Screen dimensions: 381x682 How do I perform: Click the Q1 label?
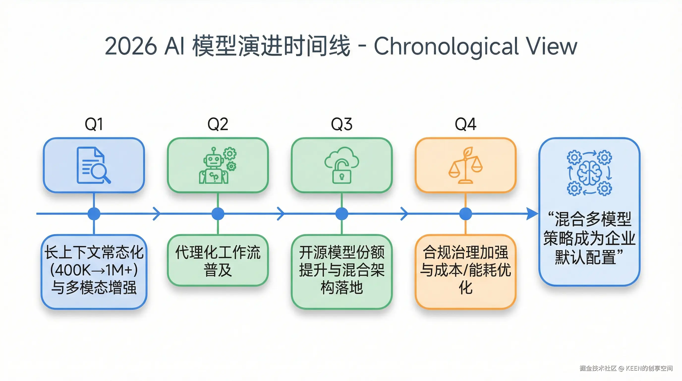point(94,124)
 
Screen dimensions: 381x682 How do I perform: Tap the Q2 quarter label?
point(218,124)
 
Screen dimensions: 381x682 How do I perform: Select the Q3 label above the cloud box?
point(341,124)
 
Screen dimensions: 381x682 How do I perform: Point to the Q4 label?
point(465,124)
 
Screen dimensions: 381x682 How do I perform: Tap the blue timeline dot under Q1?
point(94,214)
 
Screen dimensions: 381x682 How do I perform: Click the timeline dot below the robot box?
point(218,214)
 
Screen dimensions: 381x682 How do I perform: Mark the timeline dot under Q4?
point(465,214)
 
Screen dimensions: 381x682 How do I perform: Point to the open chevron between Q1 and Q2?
point(157,214)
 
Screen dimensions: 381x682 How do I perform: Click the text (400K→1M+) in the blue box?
point(94,270)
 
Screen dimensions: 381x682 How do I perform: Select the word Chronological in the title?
point(446,46)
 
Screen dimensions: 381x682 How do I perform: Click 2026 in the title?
point(131,46)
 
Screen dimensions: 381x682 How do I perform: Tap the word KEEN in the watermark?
point(633,368)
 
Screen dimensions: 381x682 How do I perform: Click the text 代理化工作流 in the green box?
point(218,252)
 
